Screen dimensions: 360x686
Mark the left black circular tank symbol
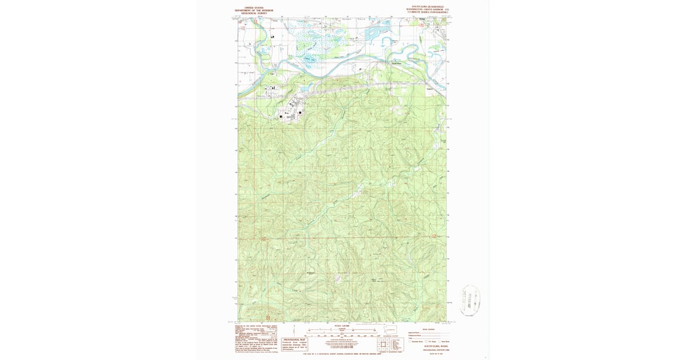(281, 116)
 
